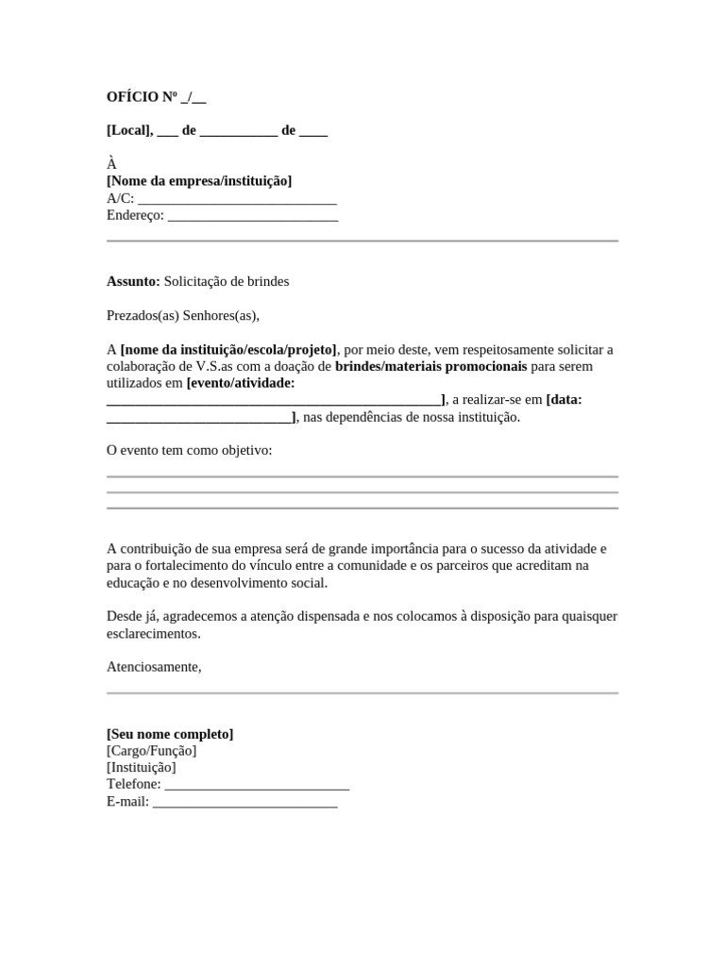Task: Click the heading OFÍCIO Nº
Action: [143, 97]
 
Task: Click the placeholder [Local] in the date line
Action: [129, 130]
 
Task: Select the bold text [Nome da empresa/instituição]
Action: [199, 180]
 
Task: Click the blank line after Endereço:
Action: [252, 215]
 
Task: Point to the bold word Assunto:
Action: [133, 281]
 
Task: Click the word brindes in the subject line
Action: [268, 281]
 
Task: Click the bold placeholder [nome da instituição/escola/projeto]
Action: [228, 349]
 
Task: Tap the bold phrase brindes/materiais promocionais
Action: [431, 366]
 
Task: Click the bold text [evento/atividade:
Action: [241, 383]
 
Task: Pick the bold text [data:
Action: [564, 400]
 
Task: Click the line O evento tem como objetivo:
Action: [190, 450]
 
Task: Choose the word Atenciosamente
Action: [154, 666]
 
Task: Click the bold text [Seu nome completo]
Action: [170, 734]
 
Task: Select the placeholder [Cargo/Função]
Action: [152, 751]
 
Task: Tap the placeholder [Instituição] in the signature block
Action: [142, 768]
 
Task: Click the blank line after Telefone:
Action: [257, 785]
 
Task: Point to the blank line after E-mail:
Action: [244, 802]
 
